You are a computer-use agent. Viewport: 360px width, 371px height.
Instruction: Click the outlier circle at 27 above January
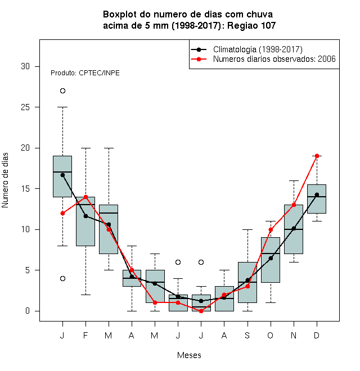62,91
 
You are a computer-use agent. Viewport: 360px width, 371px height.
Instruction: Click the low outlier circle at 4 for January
62,278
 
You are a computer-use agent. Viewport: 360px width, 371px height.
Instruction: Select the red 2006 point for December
317,156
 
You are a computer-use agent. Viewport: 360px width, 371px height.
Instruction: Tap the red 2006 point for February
85,197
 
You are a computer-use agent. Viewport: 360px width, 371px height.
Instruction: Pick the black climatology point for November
294,228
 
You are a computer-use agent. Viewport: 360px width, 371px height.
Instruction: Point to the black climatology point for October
271,258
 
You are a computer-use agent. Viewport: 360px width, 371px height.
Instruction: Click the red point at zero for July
201,311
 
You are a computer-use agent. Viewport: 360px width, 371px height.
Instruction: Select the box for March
109,229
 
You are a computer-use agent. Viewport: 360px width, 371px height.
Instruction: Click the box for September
247,282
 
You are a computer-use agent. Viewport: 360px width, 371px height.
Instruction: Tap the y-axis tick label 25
25,107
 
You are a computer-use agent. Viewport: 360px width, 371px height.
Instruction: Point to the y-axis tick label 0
28,311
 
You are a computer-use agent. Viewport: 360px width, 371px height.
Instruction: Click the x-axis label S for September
247,336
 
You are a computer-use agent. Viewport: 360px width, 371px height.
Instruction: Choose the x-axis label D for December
317,336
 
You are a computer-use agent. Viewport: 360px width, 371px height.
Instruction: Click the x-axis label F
85,336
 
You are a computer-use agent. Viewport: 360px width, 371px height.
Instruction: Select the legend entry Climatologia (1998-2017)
247,49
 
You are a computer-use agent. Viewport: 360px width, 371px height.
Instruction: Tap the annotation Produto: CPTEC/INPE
85,73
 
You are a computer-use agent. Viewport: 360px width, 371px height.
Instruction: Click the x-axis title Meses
189,355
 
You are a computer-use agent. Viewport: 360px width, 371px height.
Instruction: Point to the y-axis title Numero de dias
5,180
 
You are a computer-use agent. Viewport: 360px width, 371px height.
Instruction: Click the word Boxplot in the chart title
120,15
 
